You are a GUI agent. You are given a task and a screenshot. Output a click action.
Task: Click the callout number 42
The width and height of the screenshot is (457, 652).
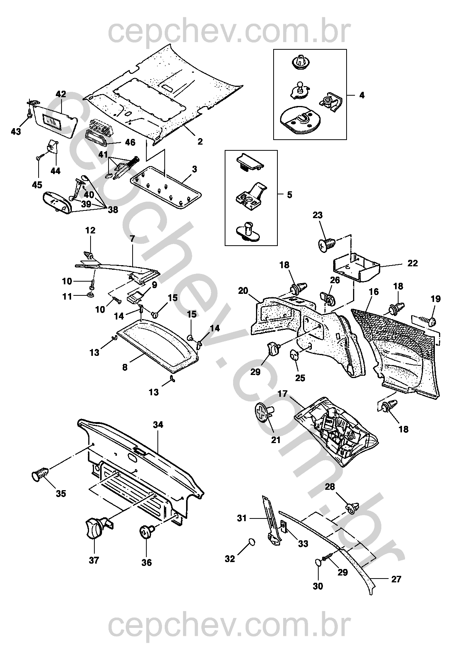click(x=61, y=94)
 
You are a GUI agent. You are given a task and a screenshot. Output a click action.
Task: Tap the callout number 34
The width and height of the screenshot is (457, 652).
click(x=158, y=425)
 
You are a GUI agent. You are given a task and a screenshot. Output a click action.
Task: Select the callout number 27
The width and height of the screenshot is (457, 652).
click(x=397, y=579)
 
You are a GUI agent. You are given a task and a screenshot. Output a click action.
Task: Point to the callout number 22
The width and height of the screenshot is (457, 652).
click(x=413, y=263)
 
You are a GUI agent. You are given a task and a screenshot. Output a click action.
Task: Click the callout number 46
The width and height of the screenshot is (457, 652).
click(x=130, y=142)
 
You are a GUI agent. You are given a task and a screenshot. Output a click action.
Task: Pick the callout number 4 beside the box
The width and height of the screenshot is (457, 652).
click(x=362, y=95)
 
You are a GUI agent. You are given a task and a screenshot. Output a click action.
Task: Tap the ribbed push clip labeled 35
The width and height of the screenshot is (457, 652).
click(x=40, y=474)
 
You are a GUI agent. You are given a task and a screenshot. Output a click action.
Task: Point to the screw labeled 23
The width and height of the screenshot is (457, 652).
click(x=326, y=243)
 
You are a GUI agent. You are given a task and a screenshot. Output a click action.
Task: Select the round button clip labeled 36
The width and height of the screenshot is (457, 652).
click(x=145, y=532)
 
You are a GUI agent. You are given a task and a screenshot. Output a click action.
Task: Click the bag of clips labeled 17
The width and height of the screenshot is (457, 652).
click(x=336, y=430)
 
